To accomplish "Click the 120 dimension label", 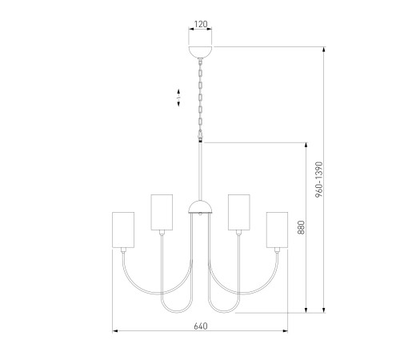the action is coord(201,24).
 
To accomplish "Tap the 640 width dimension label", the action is coord(201,326).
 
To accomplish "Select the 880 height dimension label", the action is coord(301,227).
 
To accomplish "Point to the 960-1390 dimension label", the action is coord(319,179).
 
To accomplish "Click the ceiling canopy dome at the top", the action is coord(201,52).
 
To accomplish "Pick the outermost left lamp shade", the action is coord(123,230).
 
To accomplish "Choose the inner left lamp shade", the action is coord(162,212).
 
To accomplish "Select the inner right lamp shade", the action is coord(239,212).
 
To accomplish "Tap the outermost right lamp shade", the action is coord(278,230).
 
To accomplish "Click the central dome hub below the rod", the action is coord(201,207).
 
